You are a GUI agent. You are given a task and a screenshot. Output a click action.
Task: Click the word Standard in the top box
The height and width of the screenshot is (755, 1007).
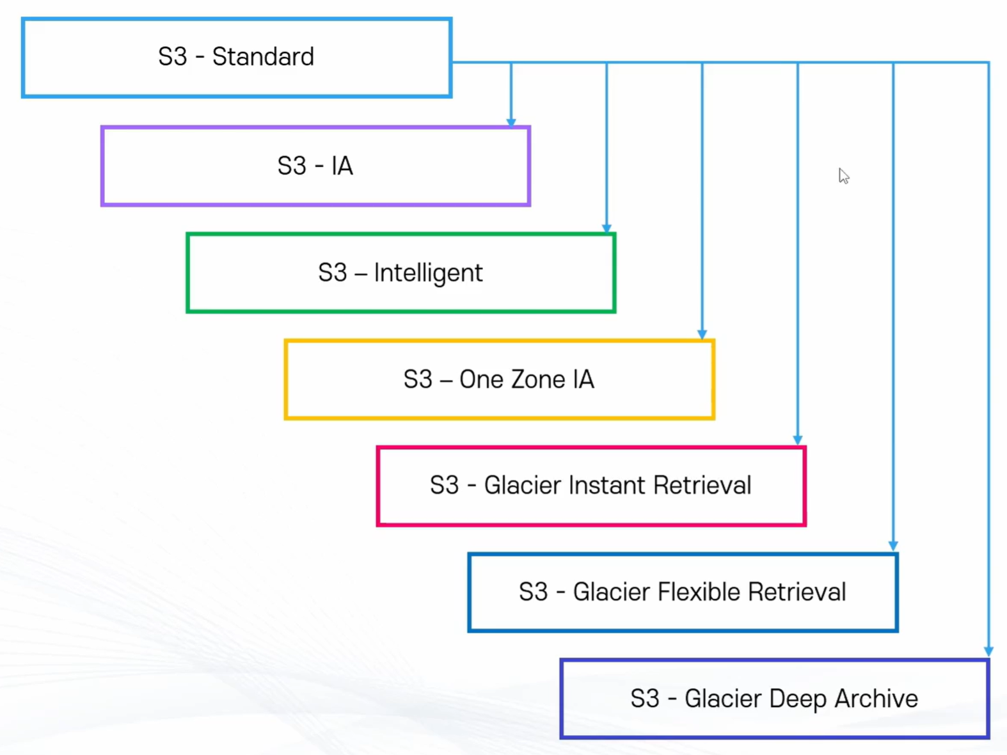tap(263, 56)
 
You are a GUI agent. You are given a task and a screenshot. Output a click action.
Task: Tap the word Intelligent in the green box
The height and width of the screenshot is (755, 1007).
tap(428, 273)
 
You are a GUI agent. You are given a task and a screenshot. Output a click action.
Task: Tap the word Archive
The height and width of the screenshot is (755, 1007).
tap(876, 698)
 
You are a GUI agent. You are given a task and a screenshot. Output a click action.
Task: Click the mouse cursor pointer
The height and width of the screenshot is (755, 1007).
tap(844, 176)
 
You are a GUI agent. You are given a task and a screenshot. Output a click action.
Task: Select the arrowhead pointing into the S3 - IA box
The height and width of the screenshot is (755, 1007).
tap(511, 122)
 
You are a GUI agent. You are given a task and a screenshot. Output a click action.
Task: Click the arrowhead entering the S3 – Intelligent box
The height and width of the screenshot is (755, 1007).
tap(607, 228)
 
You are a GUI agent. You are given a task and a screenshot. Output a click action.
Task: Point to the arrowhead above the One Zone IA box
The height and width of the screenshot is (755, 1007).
tap(702, 335)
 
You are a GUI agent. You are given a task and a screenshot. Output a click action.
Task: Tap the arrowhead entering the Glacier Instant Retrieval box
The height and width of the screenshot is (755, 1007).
tap(798, 440)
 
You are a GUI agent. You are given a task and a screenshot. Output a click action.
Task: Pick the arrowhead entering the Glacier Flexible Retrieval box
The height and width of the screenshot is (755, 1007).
tap(893, 546)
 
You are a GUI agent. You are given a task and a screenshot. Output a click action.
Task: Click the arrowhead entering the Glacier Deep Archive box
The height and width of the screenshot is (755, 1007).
tap(988, 651)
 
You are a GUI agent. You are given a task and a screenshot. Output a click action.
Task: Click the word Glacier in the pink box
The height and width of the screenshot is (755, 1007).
tap(522, 485)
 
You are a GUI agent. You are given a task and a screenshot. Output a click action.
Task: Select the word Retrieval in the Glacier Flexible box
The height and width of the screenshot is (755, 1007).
tap(797, 591)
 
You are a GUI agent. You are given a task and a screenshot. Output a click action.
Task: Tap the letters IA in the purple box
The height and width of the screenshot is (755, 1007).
tap(342, 166)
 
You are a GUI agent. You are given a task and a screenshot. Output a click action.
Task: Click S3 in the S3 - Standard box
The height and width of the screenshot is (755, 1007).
tap(173, 57)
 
